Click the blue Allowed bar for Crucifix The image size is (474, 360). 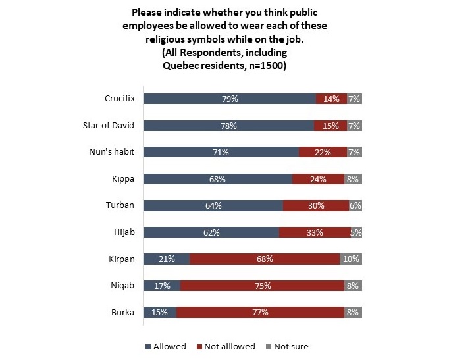(x=229, y=99)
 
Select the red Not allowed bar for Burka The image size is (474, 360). (x=260, y=312)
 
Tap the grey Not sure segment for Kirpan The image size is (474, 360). (x=351, y=259)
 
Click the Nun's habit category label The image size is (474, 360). (x=112, y=152)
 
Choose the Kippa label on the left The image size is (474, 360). (x=124, y=178)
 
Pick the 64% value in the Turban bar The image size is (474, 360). (x=213, y=205)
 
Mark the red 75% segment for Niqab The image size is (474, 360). (x=262, y=286)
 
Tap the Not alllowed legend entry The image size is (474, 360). (x=226, y=346)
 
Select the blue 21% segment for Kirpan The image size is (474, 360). (x=166, y=259)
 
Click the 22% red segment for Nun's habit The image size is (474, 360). (x=323, y=152)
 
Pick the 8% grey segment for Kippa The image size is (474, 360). (x=353, y=178)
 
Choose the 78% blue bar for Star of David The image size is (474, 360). (x=228, y=125)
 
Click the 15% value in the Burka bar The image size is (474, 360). (x=159, y=312)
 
